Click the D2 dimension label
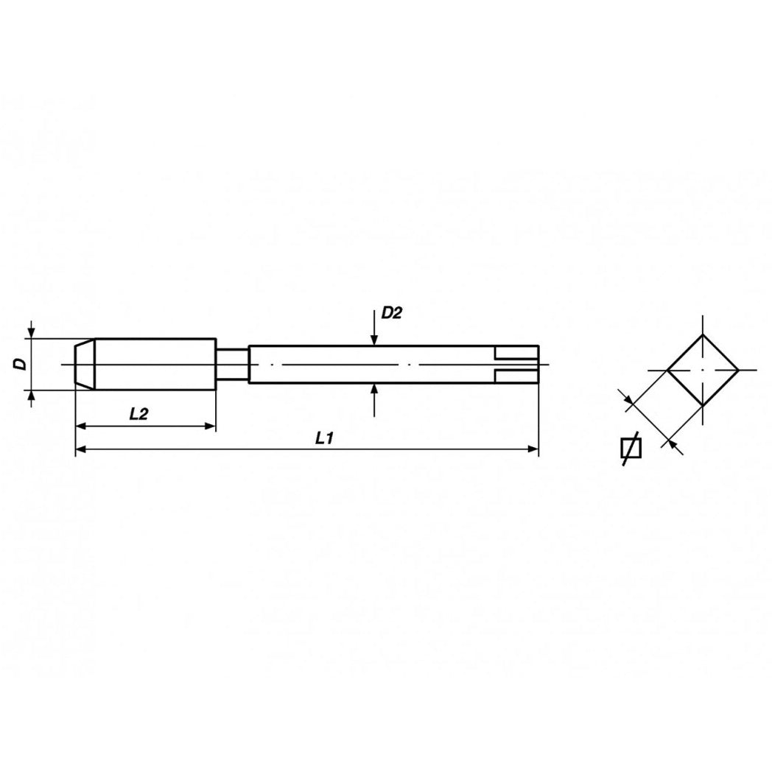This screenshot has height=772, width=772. pyautogui.click(x=391, y=313)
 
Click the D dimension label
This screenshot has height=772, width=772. pyautogui.click(x=21, y=364)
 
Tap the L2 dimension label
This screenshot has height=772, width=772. pyautogui.click(x=138, y=414)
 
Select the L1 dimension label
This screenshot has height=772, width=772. pyautogui.click(x=325, y=438)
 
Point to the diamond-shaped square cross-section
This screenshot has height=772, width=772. pyautogui.click(x=703, y=369)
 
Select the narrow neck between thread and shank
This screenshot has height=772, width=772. pyautogui.click(x=232, y=364)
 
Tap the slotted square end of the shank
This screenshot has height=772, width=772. pyautogui.click(x=516, y=364)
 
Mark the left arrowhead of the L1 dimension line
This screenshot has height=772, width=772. pyautogui.click(x=81, y=448)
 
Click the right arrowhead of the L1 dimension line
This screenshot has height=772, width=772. pyautogui.click(x=533, y=448)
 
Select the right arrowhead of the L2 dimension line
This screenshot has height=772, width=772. pyautogui.click(x=210, y=426)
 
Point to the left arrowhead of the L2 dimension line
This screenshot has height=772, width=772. pyautogui.click(x=81, y=426)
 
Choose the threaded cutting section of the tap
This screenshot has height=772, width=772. pyautogui.click(x=155, y=364)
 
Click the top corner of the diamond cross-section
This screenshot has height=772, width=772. pyautogui.click(x=703, y=334)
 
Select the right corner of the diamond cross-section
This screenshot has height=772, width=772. pyautogui.click(x=738, y=369)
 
